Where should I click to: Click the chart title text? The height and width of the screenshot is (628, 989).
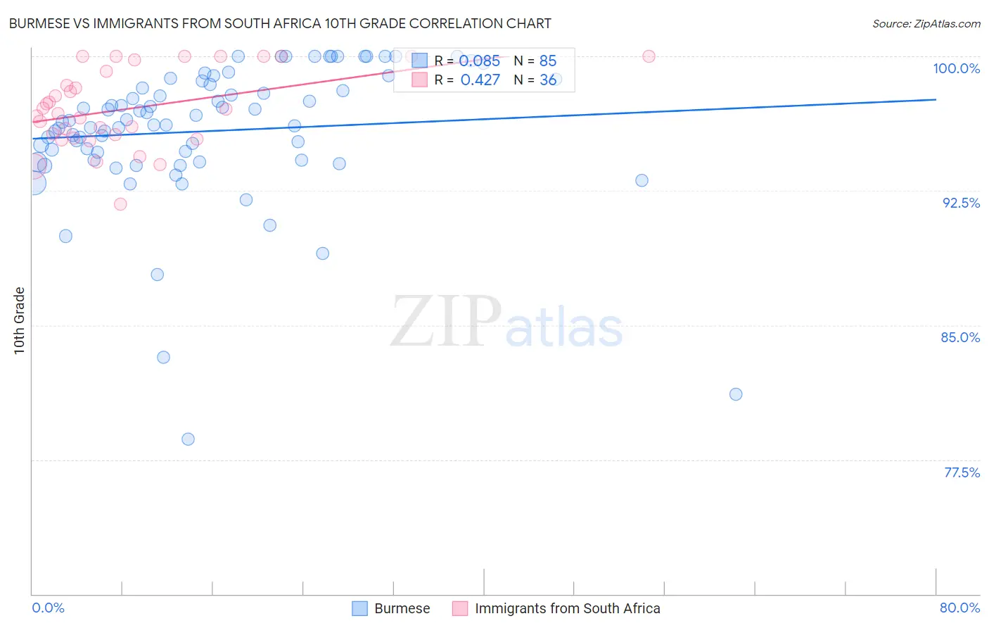[x=279, y=23]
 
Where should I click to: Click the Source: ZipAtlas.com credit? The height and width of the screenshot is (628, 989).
[x=926, y=23]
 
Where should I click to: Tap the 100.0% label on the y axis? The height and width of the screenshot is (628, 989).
[x=956, y=68]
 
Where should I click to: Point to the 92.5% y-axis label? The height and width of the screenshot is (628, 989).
[x=961, y=203]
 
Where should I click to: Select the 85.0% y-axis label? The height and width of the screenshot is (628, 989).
[x=960, y=337]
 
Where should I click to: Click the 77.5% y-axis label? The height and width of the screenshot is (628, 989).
[x=962, y=472]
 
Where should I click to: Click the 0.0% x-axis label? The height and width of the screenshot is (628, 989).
[x=48, y=608]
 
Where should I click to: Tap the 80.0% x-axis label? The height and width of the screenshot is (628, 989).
[x=959, y=608]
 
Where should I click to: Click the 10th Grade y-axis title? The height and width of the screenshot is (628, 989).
[x=20, y=320]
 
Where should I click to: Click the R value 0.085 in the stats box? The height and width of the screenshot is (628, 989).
[x=480, y=61]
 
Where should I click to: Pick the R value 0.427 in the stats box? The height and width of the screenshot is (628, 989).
[x=480, y=80]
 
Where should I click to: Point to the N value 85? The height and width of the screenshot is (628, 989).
[x=547, y=61]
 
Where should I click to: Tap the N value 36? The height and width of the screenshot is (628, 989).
[x=547, y=80]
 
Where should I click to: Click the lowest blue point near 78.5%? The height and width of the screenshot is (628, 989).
[x=188, y=439]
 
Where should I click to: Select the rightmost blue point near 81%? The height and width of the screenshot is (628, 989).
[x=736, y=394]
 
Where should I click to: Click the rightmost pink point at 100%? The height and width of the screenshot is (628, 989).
[x=649, y=56]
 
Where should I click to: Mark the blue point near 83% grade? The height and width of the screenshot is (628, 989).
[x=163, y=357]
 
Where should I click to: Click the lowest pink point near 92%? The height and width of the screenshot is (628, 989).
[x=120, y=204]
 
